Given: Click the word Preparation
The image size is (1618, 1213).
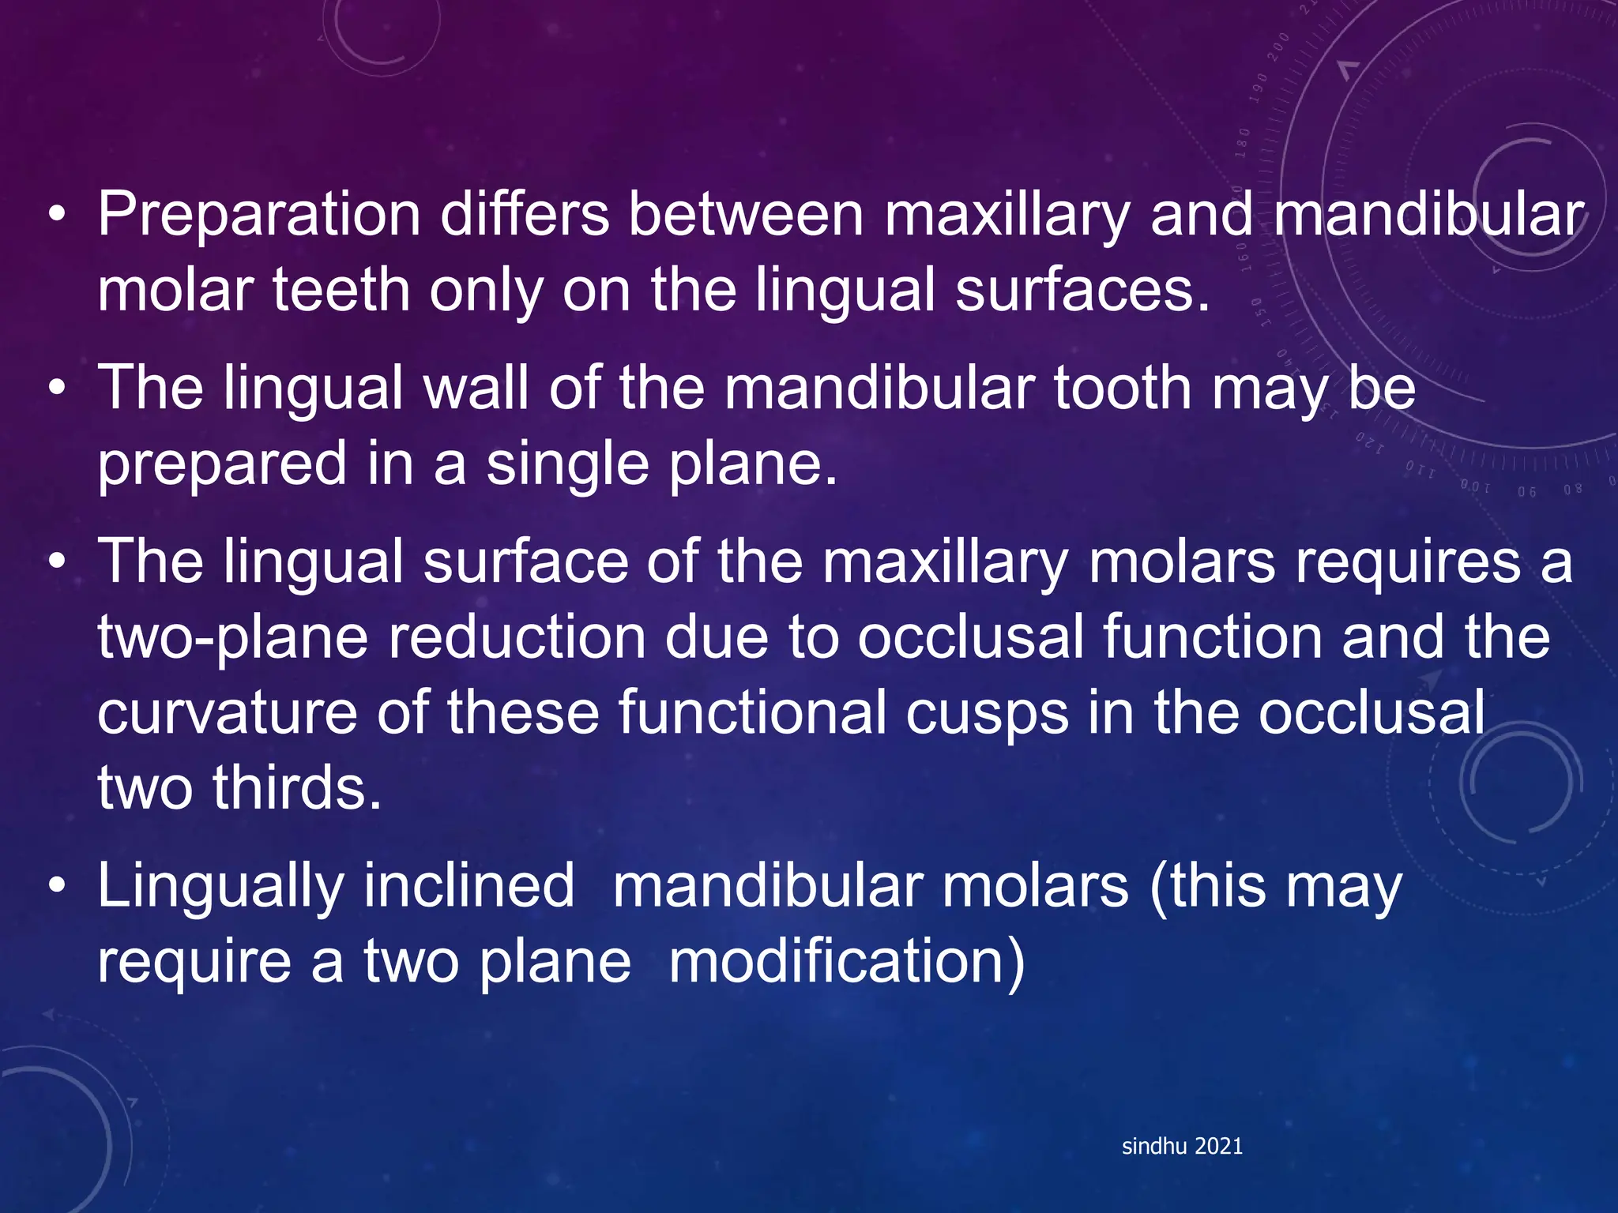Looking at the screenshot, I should pos(259,215).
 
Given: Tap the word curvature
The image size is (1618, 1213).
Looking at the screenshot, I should pos(228,712).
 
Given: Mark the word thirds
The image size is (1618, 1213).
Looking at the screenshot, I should pos(297,788).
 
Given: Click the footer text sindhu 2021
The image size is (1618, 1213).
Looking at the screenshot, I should pos(1182,1146).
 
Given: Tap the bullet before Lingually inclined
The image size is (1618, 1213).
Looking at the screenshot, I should pos(56,886).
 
